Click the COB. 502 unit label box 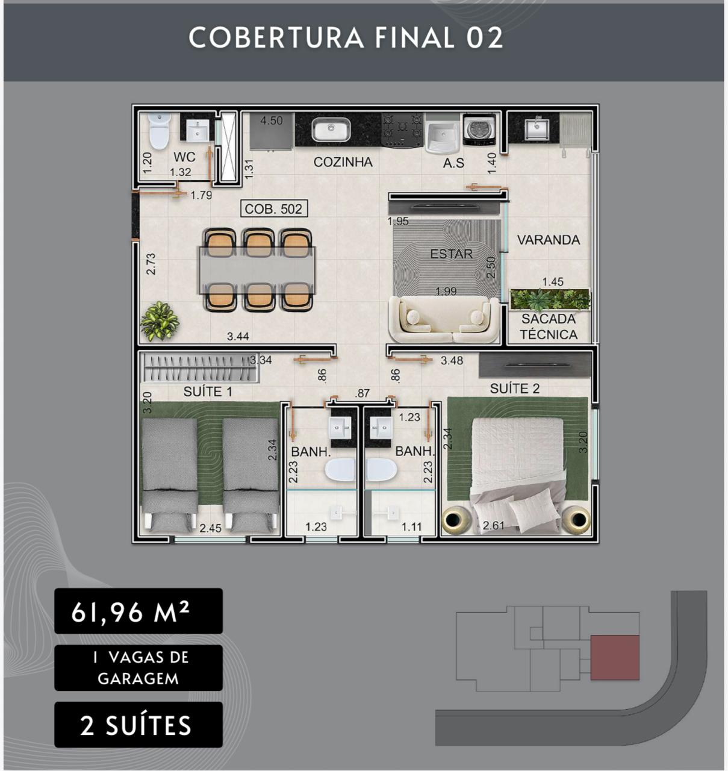(x=274, y=208)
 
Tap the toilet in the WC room (x=159, y=131)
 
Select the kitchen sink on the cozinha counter (x=331, y=130)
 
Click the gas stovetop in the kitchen (x=402, y=130)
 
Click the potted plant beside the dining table (x=159, y=320)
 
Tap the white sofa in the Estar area (x=443, y=319)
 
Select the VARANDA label (x=548, y=240)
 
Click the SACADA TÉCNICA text (x=548, y=326)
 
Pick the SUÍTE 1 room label (x=208, y=392)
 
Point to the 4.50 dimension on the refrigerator (x=272, y=120)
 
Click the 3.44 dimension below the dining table (x=238, y=336)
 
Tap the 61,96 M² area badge (x=138, y=611)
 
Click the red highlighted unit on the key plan (x=615, y=658)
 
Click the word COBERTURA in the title (x=276, y=38)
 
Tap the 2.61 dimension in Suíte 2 (x=494, y=526)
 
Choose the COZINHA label (x=343, y=162)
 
